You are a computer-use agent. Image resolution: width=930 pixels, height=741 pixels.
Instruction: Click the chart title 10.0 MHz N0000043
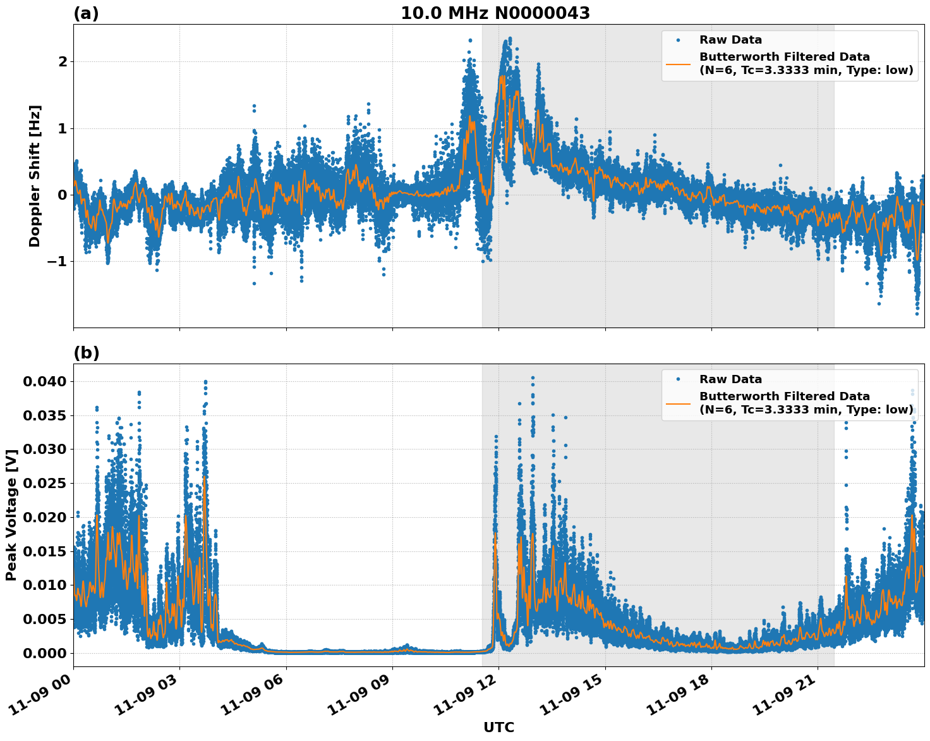tap(495, 13)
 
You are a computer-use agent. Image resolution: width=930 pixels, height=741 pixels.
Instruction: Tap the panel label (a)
tap(86, 13)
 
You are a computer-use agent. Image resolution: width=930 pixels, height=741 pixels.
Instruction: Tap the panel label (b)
tap(86, 353)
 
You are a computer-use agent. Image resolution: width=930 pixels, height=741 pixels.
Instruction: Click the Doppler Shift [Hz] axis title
tap(35, 176)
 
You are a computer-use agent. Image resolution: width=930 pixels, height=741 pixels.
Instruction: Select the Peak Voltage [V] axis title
tap(11, 515)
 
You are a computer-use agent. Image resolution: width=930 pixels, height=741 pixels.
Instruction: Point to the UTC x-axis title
tap(498, 727)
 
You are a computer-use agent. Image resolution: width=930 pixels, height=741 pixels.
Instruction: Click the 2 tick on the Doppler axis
tap(63, 62)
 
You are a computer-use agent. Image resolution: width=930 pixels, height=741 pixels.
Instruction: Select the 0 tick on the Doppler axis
tap(63, 195)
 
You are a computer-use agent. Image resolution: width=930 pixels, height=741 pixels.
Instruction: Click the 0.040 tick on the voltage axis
tap(45, 381)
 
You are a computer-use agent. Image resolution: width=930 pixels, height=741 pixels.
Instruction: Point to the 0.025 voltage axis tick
tap(45, 483)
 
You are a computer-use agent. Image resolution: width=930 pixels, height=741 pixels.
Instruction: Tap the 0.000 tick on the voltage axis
tap(45, 653)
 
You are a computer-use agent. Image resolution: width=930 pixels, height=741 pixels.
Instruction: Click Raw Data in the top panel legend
tap(730, 40)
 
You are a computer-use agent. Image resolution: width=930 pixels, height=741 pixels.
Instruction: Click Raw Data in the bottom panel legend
tap(730, 379)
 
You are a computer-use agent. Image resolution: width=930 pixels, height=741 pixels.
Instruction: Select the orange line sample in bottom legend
tap(679, 403)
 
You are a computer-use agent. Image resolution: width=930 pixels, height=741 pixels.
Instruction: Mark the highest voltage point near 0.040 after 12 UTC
tap(533, 378)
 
